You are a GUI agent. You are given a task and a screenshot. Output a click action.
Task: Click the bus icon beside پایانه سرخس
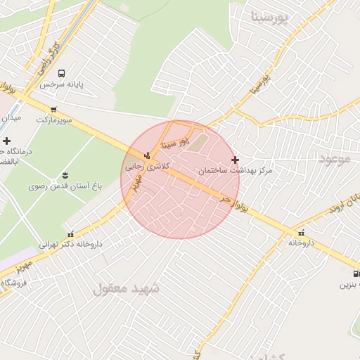pyautogui.click(x=62, y=73)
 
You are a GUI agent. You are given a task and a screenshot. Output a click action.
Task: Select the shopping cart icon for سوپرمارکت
pyautogui.click(x=53, y=109)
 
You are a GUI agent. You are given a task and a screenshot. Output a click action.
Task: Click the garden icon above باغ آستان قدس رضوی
pyautogui.click(x=65, y=174)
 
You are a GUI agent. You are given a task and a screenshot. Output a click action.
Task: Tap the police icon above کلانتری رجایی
pyautogui.click(x=147, y=155)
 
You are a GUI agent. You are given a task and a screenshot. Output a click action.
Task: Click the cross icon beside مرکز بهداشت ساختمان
pyautogui.click(x=235, y=160)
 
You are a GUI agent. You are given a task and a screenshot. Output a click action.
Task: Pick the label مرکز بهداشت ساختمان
pyautogui.click(x=234, y=171)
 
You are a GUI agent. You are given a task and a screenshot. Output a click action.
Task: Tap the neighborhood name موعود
pyautogui.click(x=334, y=159)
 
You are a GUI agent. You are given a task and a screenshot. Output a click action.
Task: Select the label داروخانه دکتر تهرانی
pyautogui.click(x=70, y=245)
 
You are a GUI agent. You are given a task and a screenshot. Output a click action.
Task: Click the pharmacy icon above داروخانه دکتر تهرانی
pyautogui.click(x=70, y=234)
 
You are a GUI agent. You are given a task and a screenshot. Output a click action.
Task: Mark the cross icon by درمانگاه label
pyautogui.click(x=7, y=141)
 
